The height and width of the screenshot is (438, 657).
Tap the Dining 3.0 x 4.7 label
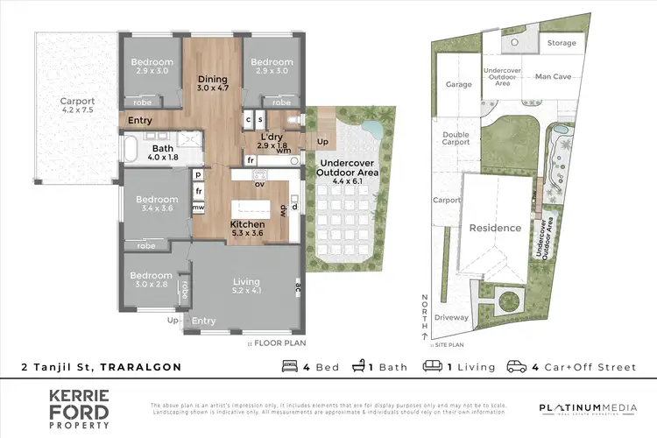click(x=212, y=83)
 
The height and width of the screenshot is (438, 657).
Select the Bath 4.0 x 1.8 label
click(x=163, y=152)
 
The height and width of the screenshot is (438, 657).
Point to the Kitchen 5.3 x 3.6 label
click(x=247, y=230)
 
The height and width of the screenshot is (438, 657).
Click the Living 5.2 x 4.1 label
click(x=246, y=286)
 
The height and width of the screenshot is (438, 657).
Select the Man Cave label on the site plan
click(x=553, y=77)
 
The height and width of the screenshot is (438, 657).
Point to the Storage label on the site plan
click(x=562, y=43)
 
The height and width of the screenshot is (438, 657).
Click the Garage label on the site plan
click(x=459, y=84)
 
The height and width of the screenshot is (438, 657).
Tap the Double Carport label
click(x=456, y=138)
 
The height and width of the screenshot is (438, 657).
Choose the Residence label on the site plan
click(x=495, y=228)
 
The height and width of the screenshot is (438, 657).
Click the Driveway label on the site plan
click(x=452, y=317)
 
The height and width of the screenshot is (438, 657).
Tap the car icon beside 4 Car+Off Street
click(x=516, y=367)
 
